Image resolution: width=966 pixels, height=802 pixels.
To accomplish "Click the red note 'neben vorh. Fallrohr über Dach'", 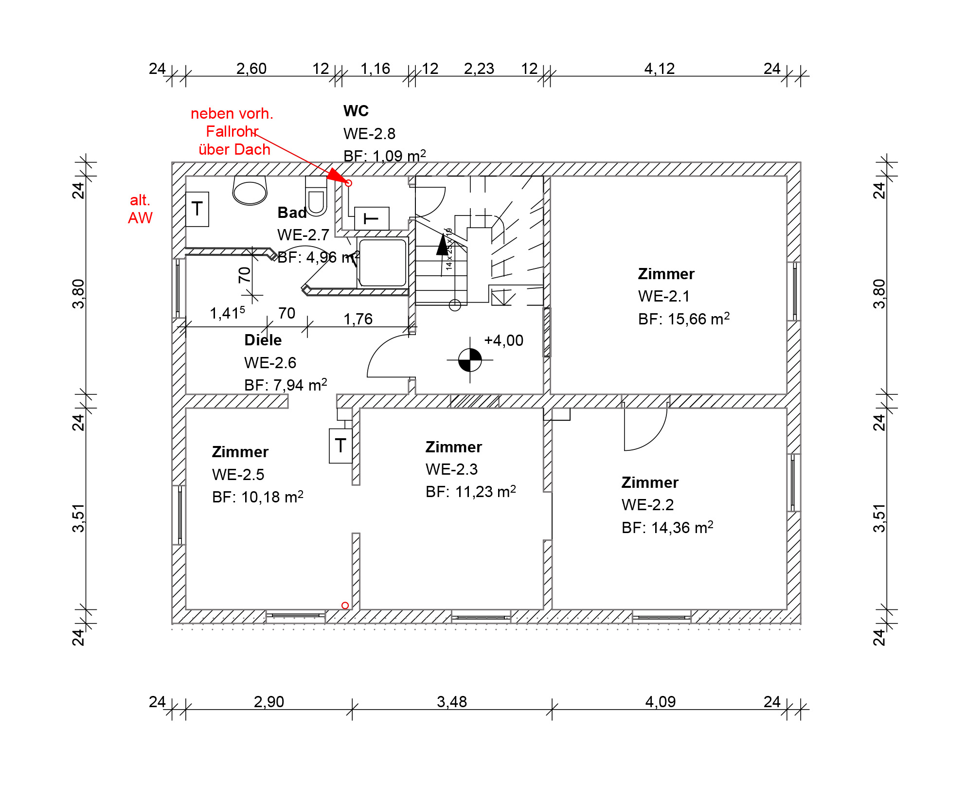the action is (232, 131).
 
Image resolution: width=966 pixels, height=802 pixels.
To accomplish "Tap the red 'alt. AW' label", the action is (140, 209).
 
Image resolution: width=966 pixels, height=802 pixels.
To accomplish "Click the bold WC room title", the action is (356, 111).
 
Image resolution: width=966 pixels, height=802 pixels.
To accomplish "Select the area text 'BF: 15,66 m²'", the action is (684, 319).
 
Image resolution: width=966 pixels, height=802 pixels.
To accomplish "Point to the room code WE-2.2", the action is (647, 505).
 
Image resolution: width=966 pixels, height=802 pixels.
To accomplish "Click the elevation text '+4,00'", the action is (504, 340).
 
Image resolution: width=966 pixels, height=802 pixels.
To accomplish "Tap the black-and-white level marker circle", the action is (470, 360).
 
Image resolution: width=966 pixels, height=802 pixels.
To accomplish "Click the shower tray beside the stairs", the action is (382, 263).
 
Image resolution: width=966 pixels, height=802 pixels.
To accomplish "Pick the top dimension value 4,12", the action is (660, 69).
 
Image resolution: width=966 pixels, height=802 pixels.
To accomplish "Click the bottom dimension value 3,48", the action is (452, 702).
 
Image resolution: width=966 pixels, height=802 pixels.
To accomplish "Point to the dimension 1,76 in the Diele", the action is (358, 319).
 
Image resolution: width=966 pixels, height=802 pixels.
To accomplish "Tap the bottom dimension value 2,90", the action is (269, 702).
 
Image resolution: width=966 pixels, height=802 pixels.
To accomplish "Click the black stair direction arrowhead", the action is (443, 245).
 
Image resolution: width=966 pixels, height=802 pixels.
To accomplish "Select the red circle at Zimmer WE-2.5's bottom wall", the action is (345, 606).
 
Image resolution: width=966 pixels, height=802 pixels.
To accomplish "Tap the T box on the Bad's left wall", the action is (197, 209).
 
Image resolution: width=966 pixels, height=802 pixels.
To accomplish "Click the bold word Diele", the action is (263, 340).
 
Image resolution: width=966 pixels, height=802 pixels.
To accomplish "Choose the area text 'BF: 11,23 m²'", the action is (471, 492).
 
